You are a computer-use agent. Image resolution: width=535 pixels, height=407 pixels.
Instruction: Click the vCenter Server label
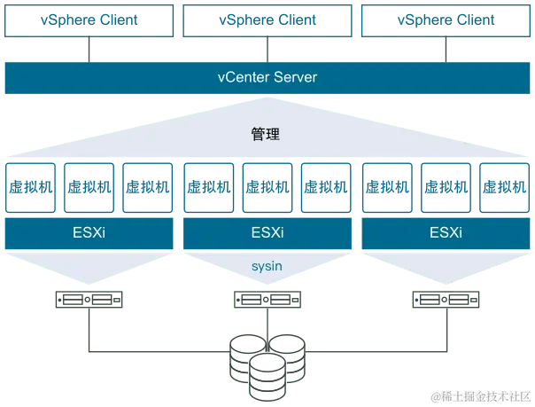(x=267, y=78)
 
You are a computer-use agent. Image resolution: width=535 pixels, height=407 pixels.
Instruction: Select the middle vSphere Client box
(x=267, y=20)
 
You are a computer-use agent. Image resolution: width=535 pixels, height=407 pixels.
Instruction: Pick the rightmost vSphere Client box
(x=446, y=20)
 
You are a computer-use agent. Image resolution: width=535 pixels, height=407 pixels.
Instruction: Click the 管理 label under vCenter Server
(x=267, y=136)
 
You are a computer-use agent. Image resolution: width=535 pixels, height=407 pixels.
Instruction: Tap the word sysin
(x=267, y=264)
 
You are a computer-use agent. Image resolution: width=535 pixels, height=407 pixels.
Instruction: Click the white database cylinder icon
(x=267, y=376)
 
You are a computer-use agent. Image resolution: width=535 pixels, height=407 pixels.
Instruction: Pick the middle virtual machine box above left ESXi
(x=89, y=187)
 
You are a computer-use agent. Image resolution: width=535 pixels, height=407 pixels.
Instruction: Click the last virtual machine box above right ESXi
(x=504, y=187)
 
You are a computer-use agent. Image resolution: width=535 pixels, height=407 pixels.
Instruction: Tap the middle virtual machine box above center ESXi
(x=267, y=187)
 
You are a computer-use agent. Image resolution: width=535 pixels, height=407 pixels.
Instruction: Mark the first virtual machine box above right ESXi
(x=388, y=187)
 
